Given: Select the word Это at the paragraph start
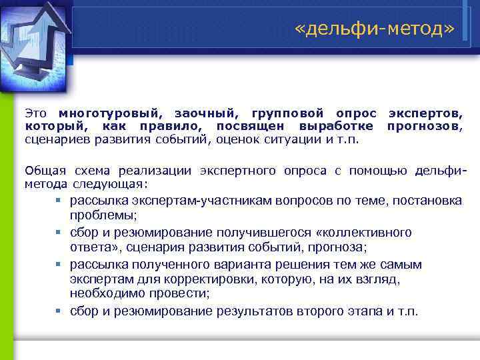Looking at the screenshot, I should pyautogui.click(x=37, y=114).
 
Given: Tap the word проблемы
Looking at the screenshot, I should pyautogui.click(x=103, y=215).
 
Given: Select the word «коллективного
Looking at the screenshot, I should pyautogui.click(x=365, y=232).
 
